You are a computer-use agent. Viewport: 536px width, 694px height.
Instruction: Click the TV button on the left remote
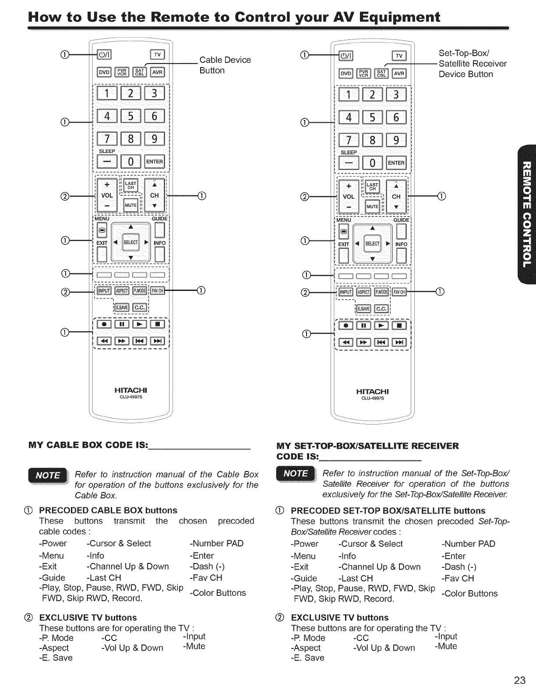(157, 55)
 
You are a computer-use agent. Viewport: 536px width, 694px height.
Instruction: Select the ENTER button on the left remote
(157, 162)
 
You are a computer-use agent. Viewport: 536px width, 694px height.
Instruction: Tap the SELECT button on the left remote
(131, 242)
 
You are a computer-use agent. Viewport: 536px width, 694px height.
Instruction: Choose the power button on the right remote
(349, 56)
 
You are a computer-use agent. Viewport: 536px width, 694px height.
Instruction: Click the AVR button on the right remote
(399, 73)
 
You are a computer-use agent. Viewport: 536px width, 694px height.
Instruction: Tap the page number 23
(520, 680)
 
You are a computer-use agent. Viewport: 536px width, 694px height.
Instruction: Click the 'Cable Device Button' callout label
(225, 65)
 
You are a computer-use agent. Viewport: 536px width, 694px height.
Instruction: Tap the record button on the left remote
(104, 324)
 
